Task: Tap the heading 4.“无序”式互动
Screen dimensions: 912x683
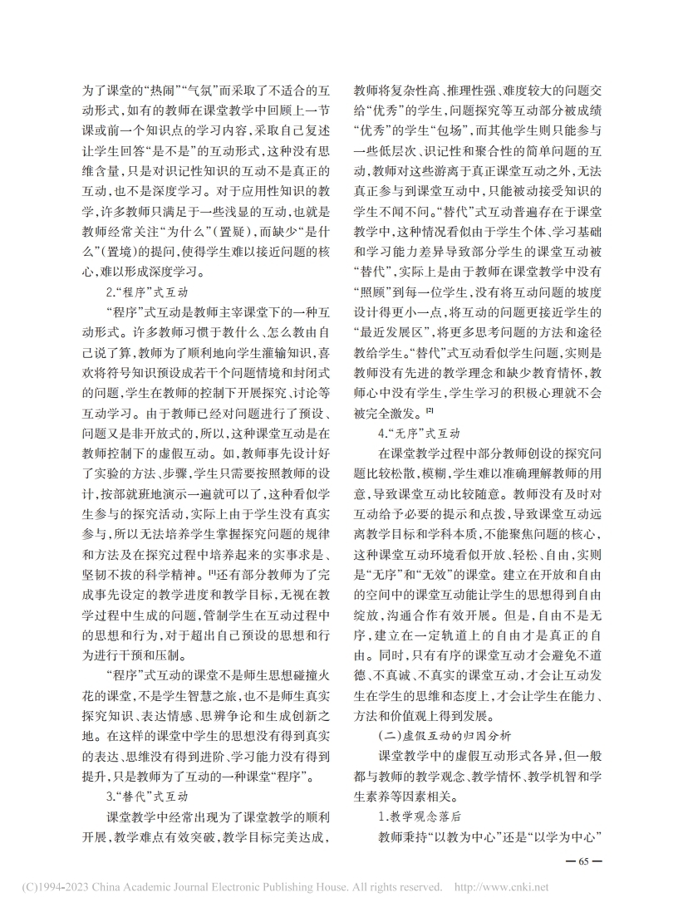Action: pyautogui.click(x=419, y=433)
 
